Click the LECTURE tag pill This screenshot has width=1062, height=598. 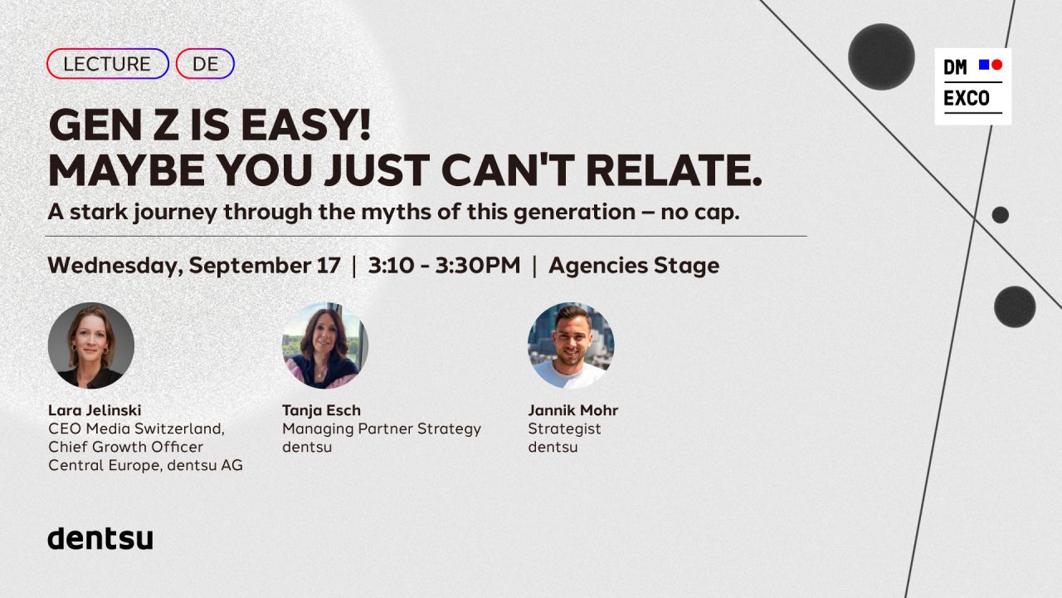[108, 64]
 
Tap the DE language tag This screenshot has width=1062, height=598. [205, 64]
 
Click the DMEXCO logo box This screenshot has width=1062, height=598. [973, 86]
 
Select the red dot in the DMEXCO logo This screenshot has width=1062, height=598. [997, 65]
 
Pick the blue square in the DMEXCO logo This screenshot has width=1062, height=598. [984, 65]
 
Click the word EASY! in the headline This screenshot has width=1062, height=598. [306, 125]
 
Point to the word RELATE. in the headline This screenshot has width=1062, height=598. [674, 170]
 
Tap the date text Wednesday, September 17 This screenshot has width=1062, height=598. [194, 265]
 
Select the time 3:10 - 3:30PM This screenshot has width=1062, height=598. [444, 265]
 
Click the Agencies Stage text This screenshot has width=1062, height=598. [634, 266]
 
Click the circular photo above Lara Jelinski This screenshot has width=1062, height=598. [91, 346]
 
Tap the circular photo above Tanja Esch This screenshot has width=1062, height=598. [325, 346]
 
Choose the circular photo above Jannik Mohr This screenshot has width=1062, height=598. [571, 346]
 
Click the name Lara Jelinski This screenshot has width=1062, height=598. [95, 410]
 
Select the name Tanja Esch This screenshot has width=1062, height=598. [321, 410]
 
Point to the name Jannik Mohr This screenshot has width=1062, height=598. [573, 410]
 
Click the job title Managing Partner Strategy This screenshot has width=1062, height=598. [382, 429]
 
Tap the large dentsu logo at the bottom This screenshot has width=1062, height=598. [100, 538]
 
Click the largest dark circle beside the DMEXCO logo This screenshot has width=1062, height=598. [881, 56]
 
